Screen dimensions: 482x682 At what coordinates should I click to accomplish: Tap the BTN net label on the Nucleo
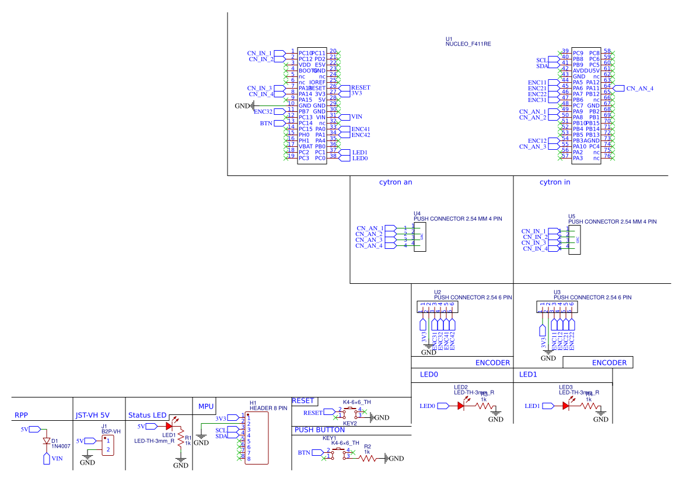(266, 124)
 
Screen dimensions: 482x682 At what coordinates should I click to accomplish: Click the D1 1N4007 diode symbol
(47, 441)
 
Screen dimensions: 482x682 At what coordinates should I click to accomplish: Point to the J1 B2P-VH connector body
(107, 445)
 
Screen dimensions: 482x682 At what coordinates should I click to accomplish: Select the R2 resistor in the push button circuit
(368, 459)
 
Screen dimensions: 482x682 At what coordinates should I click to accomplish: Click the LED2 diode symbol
(461, 406)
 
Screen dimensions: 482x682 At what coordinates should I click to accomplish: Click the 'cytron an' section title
(396, 182)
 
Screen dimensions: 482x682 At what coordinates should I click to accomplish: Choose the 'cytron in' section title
(555, 182)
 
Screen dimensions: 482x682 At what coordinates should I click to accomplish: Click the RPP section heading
(21, 416)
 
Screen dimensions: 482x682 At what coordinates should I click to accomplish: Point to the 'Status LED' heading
(147, 416)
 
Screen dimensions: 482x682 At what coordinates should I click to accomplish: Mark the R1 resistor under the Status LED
(181, 438)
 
